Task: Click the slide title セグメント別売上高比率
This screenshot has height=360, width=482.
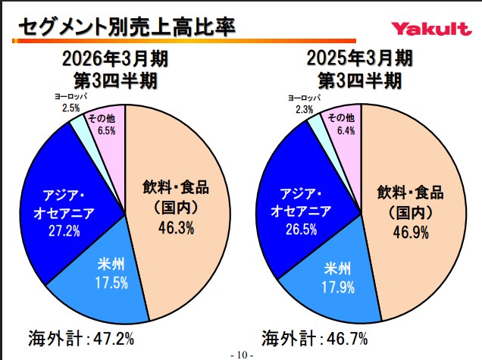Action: [x=126, y=27]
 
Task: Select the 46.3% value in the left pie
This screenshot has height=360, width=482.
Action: [x=175, y=227]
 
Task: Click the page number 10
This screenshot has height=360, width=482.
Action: [x=242, y=354]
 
